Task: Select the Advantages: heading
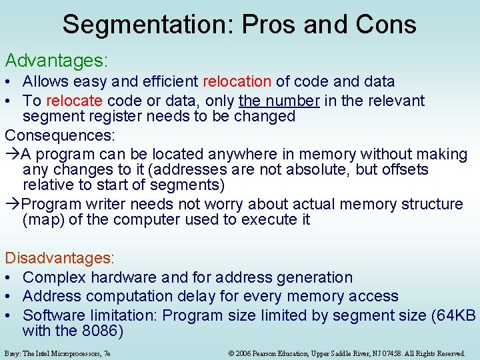pos(56,61)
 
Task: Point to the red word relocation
pos(237,82)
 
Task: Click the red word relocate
pos(74,101)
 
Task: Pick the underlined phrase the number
pos(279,101)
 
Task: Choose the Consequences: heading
pos(60,135)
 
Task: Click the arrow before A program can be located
pos(13,154)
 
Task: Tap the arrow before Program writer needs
pos(13,204)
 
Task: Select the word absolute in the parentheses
pos(310,169)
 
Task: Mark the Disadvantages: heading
pos(60,257)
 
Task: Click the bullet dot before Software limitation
pos(10,315)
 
